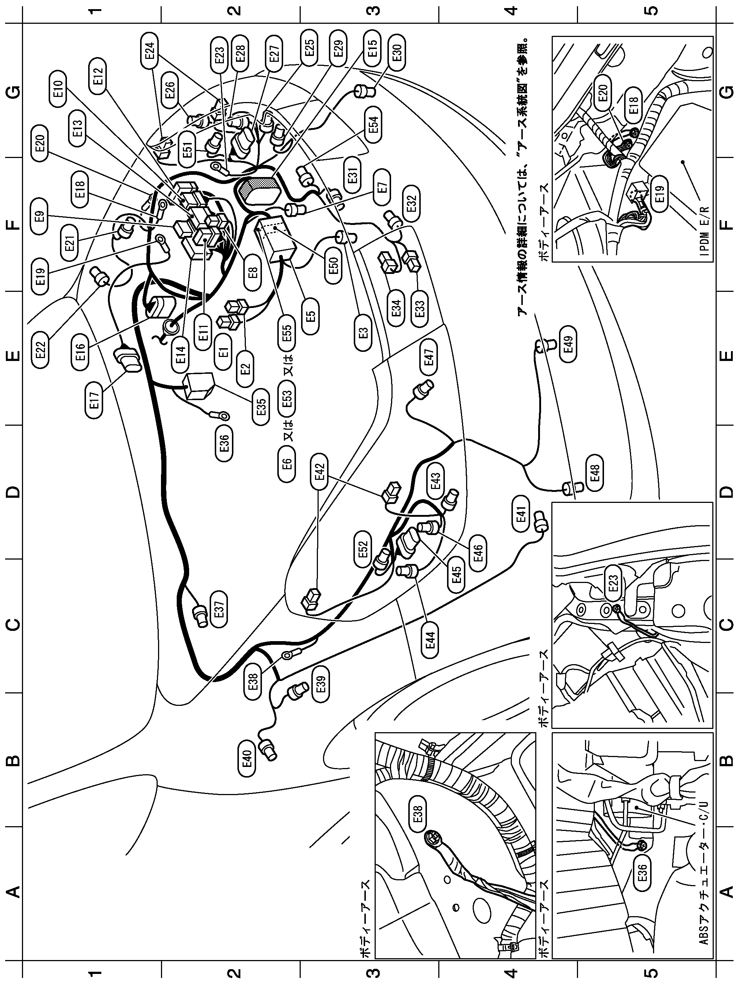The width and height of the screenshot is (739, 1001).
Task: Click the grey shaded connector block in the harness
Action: click(259, 192)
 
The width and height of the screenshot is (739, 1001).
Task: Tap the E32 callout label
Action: click(412, 204)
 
